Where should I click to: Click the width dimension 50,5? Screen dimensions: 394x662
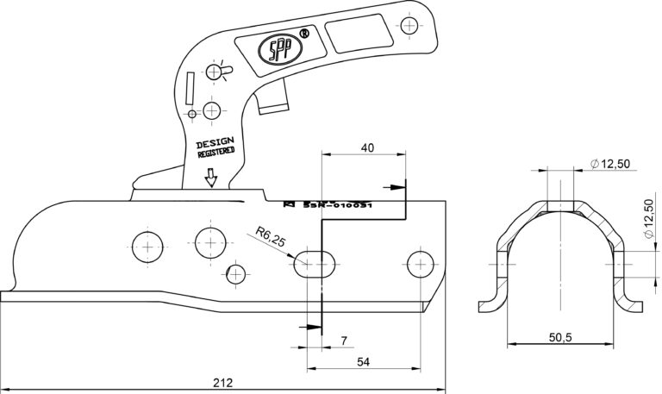point(560,337)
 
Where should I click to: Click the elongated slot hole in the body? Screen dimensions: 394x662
point(316,263)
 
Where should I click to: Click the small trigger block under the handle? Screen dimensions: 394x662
point(271,102)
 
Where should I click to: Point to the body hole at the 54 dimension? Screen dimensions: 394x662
point(421,262)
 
